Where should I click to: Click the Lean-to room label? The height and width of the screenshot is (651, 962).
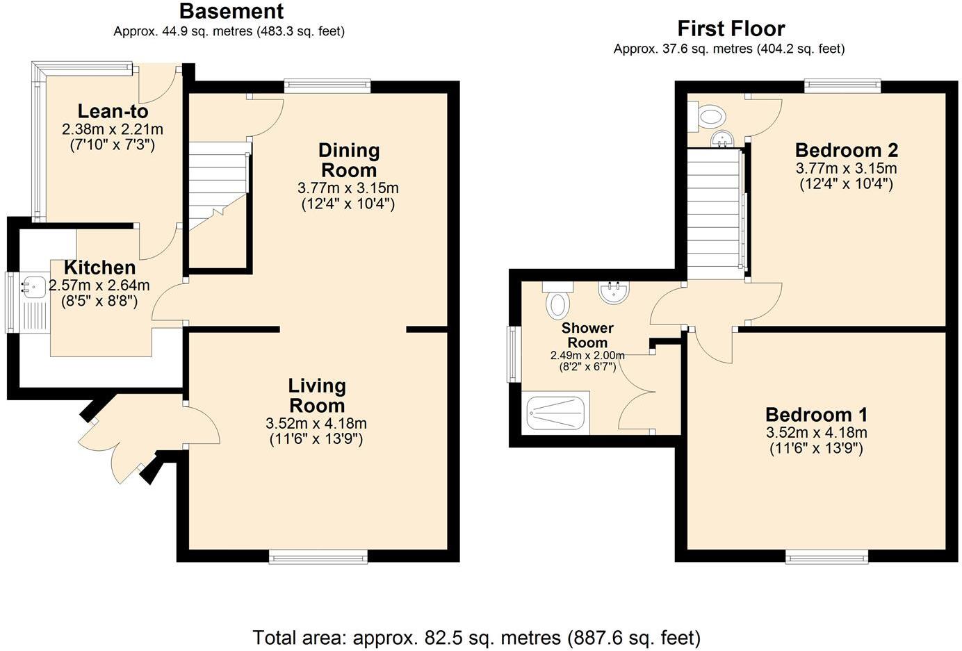tap(113, 112)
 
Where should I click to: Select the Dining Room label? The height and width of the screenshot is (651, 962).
tap(349, 160)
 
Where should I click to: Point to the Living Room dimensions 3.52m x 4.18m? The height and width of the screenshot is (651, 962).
tap(316, 424)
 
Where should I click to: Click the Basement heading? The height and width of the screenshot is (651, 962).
tap(231, 12)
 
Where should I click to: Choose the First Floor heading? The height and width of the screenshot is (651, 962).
tap(731, 28)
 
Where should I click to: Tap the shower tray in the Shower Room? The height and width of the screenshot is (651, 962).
tap(556, 413)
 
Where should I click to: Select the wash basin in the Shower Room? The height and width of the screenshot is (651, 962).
tap(614, 292)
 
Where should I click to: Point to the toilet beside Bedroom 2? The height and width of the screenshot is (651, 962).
tap(707, 116)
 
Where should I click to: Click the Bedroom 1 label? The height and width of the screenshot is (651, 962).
tap(817, 415)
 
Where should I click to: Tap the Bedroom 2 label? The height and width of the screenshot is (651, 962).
tap(847, 150)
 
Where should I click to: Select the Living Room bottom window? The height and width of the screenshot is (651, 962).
tap(318, 557)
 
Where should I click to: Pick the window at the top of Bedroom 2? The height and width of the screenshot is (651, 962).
tap(842, 86)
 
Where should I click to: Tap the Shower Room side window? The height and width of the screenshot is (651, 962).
tap(512, 354)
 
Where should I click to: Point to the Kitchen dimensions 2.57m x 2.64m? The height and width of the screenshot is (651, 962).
tap(99, 286)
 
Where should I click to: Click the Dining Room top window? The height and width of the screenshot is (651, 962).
tap(327, 86)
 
